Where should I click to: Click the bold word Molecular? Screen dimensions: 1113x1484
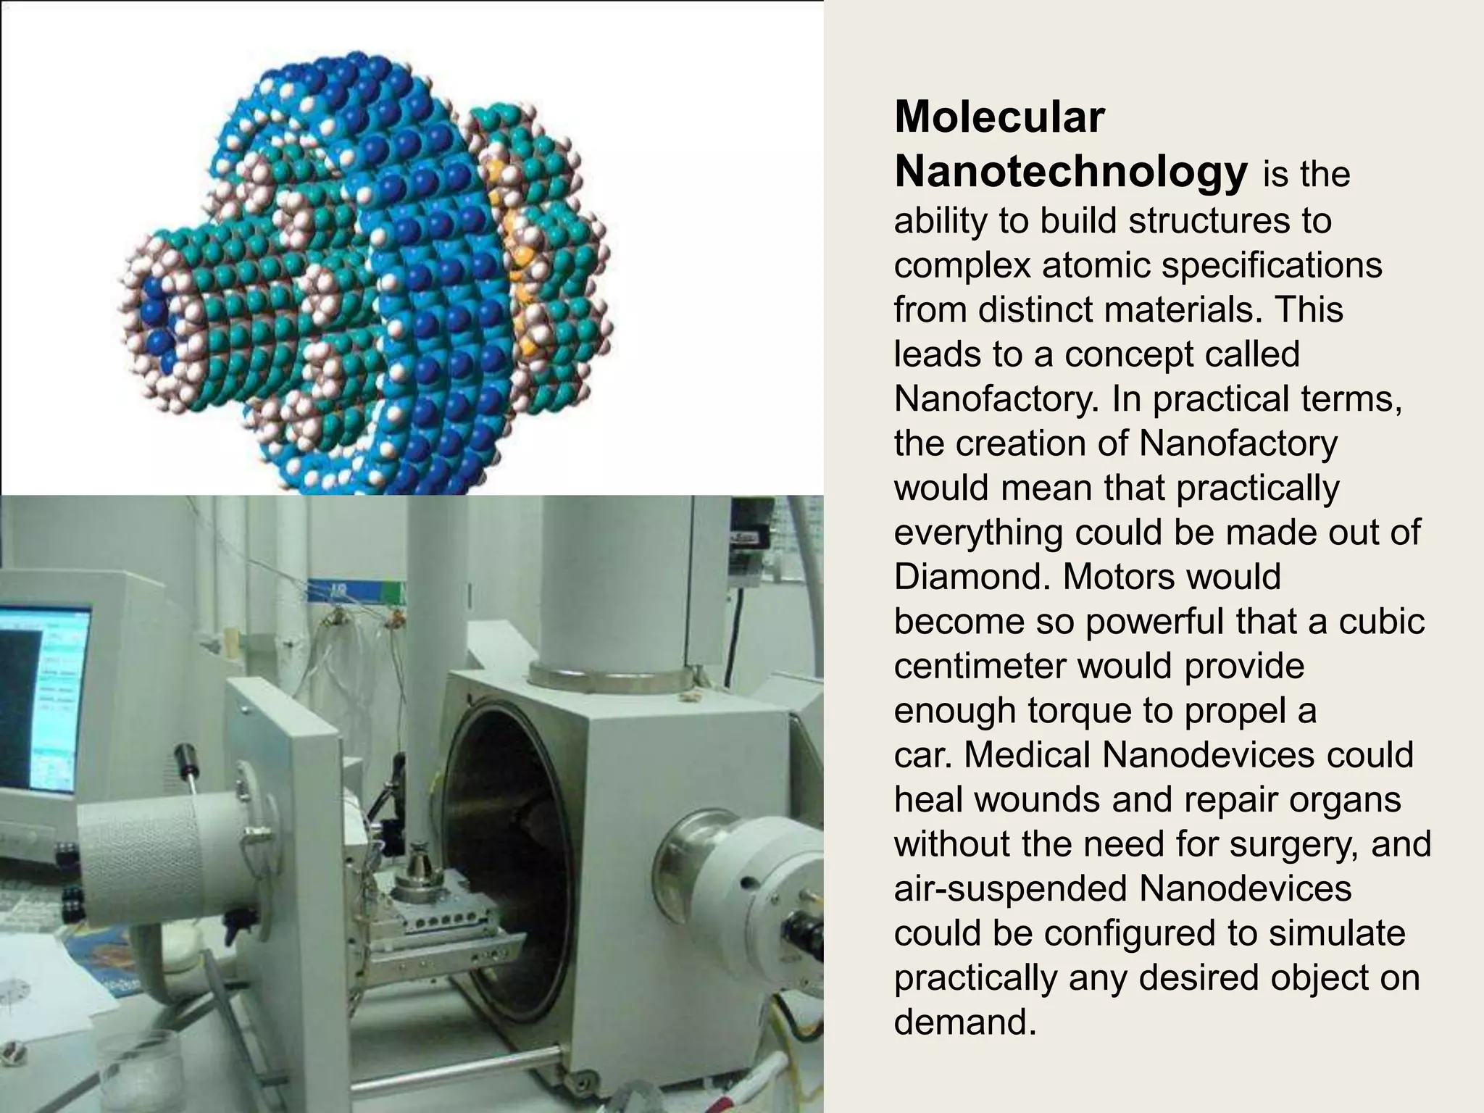pos(999,117)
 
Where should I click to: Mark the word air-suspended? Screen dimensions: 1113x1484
pos(1011,890)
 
